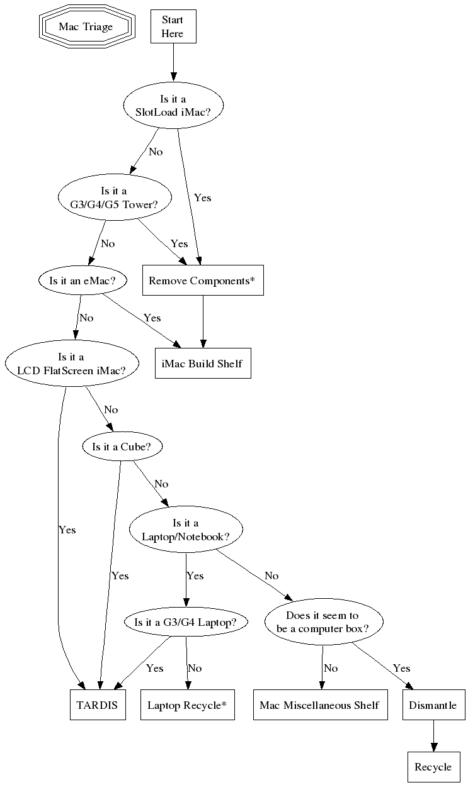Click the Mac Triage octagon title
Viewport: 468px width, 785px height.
tap(86, 27)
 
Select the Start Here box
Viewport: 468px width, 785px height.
tap(173, 27)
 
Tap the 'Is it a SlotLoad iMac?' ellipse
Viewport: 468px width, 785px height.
tap(173, 104)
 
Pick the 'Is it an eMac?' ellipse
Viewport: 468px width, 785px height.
tap(82, 281)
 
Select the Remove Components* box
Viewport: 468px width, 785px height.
tap(202, 281)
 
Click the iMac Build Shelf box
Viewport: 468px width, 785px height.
tap(203, 364)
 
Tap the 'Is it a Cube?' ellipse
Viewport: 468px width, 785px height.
tap(122, 447)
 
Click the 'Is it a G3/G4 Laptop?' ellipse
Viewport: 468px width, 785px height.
tap(185, 623)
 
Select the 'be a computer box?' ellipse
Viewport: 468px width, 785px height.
tap(322, 622)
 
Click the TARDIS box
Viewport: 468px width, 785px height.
tap(97, 705)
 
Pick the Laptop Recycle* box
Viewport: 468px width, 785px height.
tap(186, 705)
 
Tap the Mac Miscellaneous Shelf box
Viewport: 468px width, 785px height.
tap(319, 705)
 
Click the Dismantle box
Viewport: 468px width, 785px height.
tap(433, 705)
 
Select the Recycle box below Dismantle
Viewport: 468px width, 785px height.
tap(433, 767)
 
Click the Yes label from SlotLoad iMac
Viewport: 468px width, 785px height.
tap(202, 198)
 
